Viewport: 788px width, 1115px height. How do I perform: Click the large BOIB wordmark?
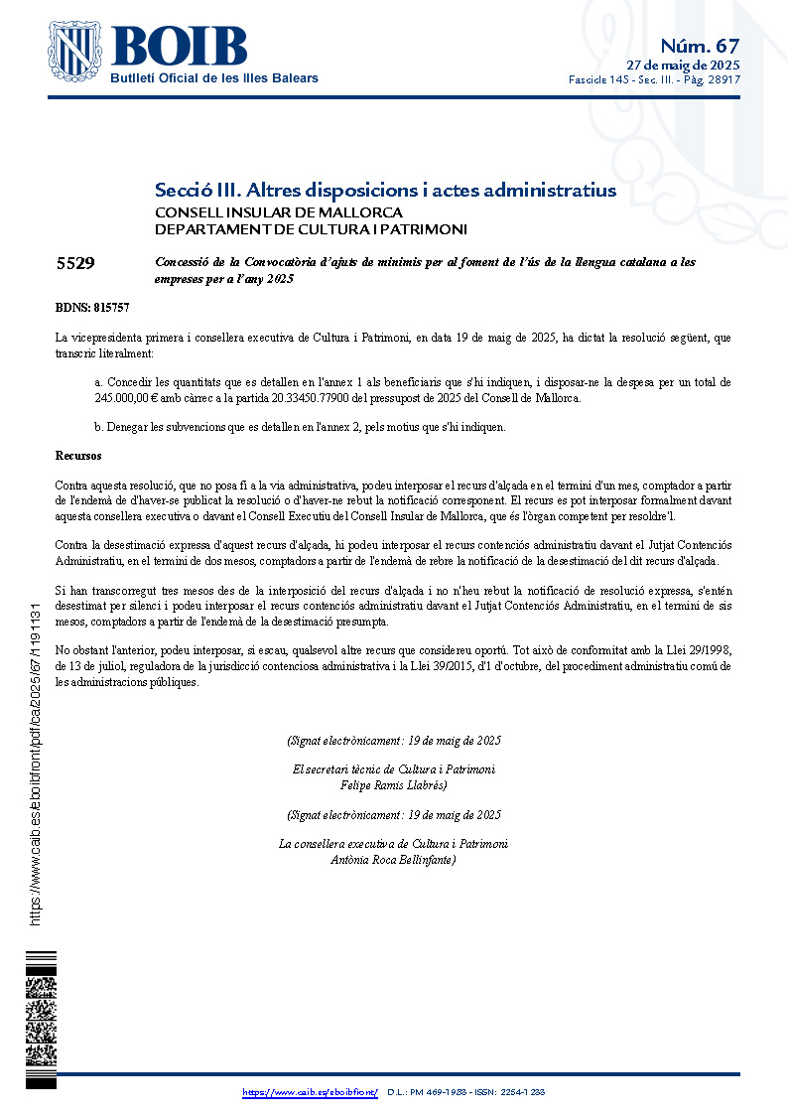click(180, 46)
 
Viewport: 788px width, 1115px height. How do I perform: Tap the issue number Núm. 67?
click(700, 46)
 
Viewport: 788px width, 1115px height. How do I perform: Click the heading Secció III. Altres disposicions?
click(385, 190)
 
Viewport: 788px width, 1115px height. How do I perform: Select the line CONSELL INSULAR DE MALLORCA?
click(278, 212)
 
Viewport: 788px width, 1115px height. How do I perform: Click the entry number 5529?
click(75, 263)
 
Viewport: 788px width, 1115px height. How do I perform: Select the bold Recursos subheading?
click(78, 456)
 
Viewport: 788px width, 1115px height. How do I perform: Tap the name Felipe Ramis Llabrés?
click(393, 785)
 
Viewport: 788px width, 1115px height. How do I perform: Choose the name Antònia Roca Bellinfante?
click(392, 860)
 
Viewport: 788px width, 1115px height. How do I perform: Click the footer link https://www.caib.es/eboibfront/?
click(310, 1092)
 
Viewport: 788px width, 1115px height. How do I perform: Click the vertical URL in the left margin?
click(36, 765)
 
